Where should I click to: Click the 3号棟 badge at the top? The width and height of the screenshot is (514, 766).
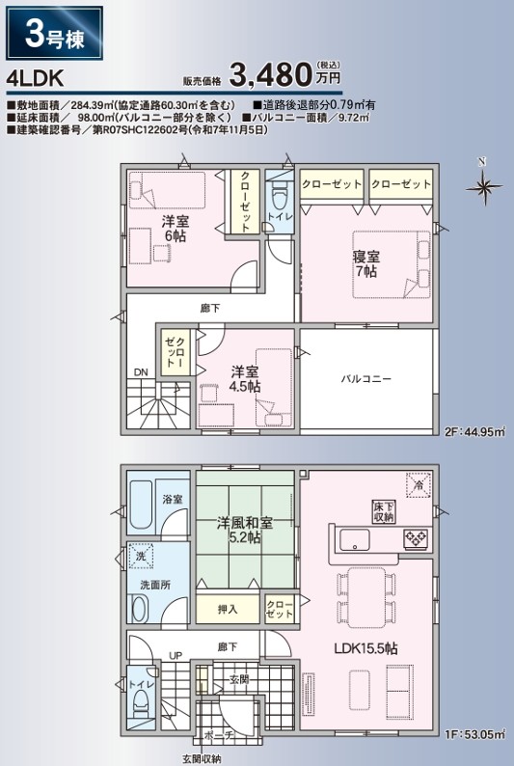coord(54,33)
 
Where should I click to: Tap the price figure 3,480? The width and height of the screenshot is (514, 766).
coord(270,73)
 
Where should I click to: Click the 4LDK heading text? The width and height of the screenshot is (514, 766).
coord(35,78)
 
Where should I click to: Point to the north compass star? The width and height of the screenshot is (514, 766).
coord(483,186)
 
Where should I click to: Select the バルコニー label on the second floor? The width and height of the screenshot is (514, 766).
coord(366,378)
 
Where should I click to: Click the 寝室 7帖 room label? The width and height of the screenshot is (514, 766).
coord(366,264)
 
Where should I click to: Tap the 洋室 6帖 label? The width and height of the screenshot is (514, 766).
coord(175,229)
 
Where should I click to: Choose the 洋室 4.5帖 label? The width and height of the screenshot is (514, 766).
coord(246,379)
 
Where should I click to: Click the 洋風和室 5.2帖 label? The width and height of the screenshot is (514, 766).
coord(245,531)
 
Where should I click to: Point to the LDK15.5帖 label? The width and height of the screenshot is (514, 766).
coord(365,648)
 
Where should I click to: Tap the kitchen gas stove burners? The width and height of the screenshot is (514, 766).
coord(416,538)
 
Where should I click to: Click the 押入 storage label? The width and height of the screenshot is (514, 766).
coord(228,609)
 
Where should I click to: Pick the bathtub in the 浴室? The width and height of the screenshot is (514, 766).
coord(141,505)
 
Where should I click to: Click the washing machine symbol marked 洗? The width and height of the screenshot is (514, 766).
coord(141,556)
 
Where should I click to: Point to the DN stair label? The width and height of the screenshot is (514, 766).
coord(141,372)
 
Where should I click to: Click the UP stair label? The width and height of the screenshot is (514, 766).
coord(176,655)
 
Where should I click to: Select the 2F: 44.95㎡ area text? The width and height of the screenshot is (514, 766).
coord(474,432)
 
